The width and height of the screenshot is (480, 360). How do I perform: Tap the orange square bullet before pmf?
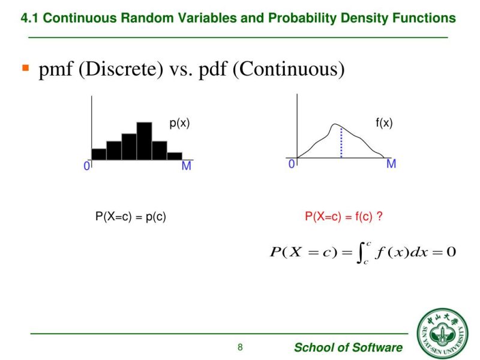[x=26, y=68]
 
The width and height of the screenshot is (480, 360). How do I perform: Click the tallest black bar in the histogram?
[x=144, y=141]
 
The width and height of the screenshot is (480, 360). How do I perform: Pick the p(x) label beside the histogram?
[x=179, y=123]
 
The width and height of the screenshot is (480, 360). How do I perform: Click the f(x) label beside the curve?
[x=384, y=123]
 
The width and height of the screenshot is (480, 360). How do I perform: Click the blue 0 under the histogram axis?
[x=87, y=166]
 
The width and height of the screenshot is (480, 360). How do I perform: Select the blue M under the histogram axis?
[x=186, y=166]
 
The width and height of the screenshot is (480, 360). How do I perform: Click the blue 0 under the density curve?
[x=292, y=164]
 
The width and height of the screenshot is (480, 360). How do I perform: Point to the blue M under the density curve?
[x=391, y=164]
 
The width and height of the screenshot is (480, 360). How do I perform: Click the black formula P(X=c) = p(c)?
[x=131, y=217]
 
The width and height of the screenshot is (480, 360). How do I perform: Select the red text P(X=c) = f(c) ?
[x=344, y=217]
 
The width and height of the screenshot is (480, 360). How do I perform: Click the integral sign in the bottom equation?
[x=361, y=252]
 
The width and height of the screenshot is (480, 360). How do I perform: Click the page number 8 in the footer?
[x=240, y=347]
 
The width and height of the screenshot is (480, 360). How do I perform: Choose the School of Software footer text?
[x=348, y=347]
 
